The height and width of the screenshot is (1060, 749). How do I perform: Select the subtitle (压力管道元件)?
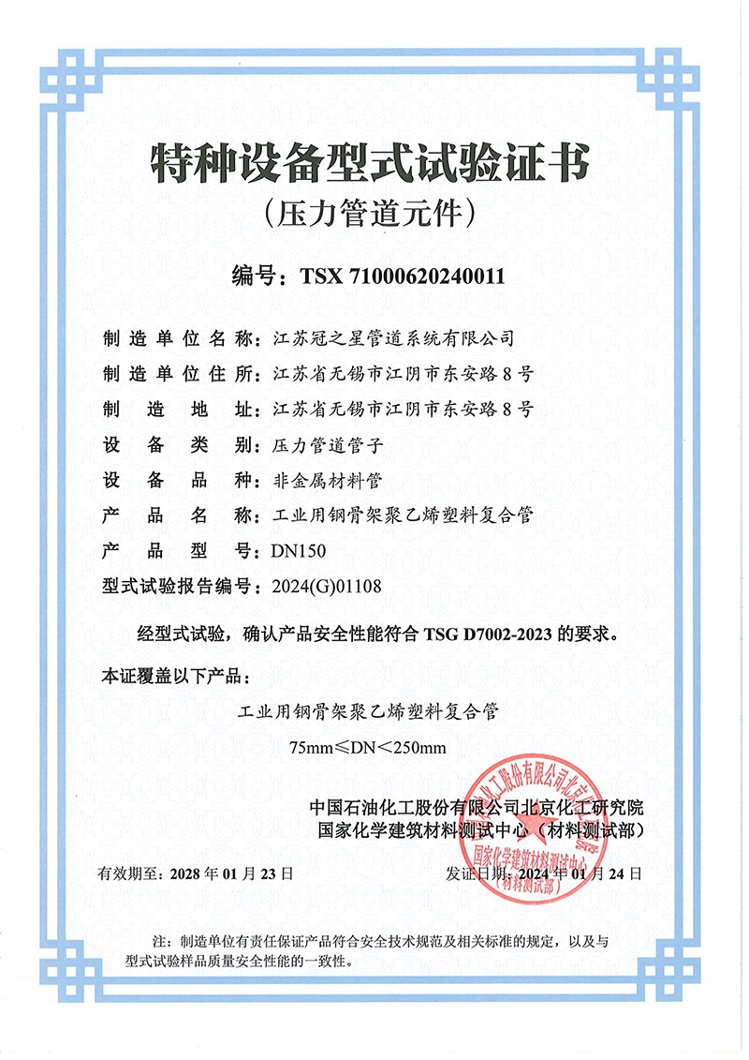tap(371, 215)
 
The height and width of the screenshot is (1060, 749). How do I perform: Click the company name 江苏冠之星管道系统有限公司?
tap(391, 337)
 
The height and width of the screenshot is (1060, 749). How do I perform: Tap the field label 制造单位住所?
tap(179, 373)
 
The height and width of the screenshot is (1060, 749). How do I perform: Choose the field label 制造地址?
tap(179, 409)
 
